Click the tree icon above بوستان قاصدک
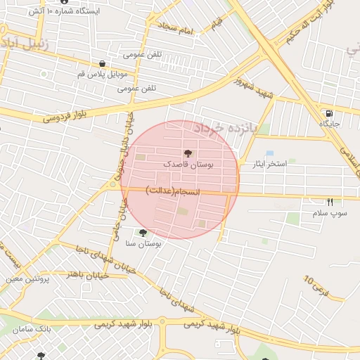click(x=188, y=153)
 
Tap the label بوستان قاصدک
click(x=188, y=164)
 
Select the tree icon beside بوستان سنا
click(x=143, y=233)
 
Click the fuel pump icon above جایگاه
click(x=328, y=113)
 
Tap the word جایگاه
click(x=329, y=124)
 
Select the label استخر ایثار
click(x=264, y=164)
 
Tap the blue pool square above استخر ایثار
click(x=270, y=153)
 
